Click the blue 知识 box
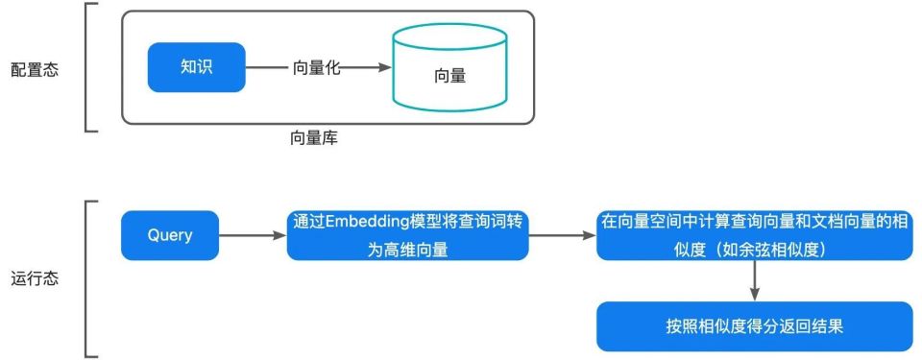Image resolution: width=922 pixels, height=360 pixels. (x=196, y=67)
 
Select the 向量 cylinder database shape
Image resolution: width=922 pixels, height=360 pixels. (x=449, y=75)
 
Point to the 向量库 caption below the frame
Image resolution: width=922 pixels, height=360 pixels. (x=314, y=138)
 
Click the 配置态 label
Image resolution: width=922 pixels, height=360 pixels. (x=35, y=69)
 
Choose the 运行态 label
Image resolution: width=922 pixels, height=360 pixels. (x=35, y=279)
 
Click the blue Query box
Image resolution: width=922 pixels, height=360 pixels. (x=170, y=235)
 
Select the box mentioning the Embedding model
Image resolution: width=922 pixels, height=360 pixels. (x=407, y=235)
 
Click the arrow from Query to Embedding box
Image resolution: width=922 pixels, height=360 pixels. (x=253, y=235)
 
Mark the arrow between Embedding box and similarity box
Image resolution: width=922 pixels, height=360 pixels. (x=563, y=235)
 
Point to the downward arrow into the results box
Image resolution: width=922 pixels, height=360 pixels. (x=754, y=280)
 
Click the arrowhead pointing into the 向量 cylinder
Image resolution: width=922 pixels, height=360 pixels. (x=383, y=68)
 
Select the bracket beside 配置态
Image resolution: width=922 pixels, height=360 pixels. (x=88, y=67)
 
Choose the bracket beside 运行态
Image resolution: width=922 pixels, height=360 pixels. (x=88, y=278)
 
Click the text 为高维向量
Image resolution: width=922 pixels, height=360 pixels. (x=408, y=249)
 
